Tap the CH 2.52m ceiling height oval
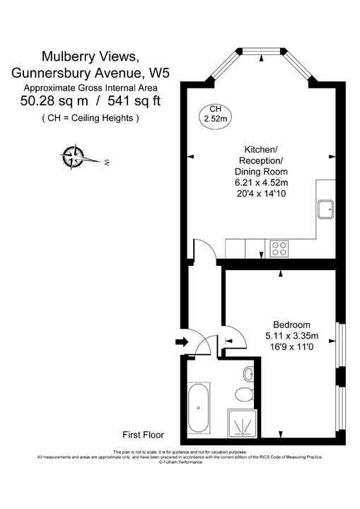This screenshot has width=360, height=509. [214, 113]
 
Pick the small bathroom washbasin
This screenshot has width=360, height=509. [250, 373]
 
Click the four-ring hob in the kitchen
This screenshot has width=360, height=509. [279, 248]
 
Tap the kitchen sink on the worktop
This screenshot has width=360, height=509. [327, 209]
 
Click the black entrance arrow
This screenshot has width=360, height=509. [180, 343]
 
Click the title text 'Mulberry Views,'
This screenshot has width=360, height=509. [90, 56]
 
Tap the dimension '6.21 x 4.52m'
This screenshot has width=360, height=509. [266, 183]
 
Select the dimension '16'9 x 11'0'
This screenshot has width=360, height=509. [291, 347]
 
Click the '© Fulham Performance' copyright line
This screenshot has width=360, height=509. [180, 462]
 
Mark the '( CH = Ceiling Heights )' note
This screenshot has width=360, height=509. [90, 117]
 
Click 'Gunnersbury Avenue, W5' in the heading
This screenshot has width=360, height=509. [90, 72]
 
